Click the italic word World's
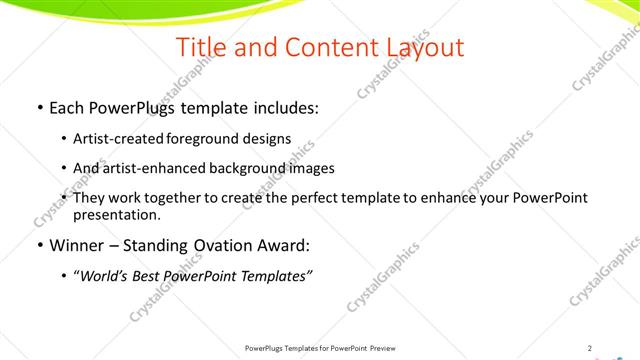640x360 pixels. click(x=104, y=275)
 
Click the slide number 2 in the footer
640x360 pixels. click(x=590, y=348)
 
